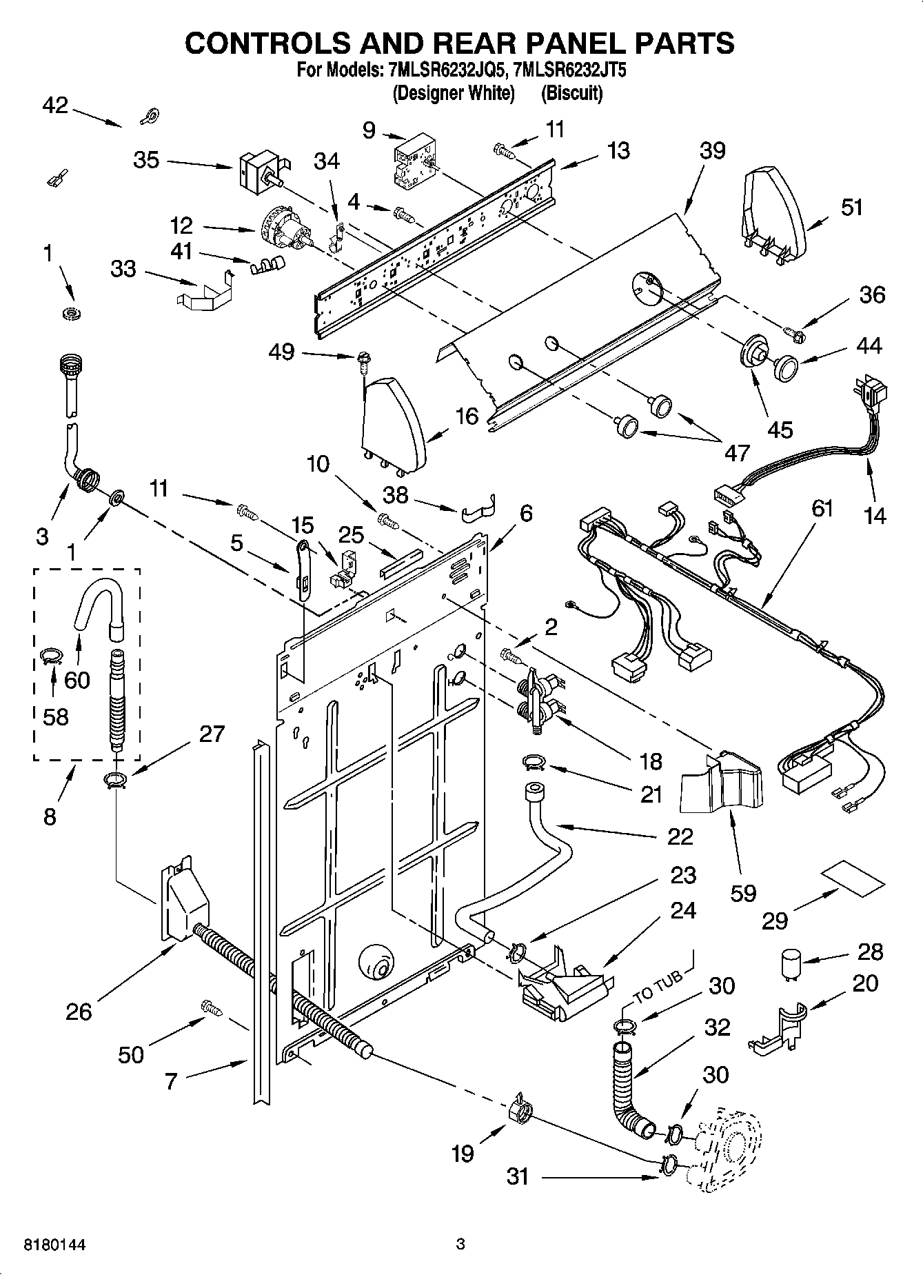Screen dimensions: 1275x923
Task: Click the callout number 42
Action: click(x=55, y=106)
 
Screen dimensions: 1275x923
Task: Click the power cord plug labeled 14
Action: click(x=869, y=396)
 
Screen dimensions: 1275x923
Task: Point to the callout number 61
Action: click(x=822, y=509)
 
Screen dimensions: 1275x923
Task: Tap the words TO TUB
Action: click(x=658, y=986)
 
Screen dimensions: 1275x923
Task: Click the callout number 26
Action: click(x=79, y=1012)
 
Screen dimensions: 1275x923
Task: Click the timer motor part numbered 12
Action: click(x=284, y=231)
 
